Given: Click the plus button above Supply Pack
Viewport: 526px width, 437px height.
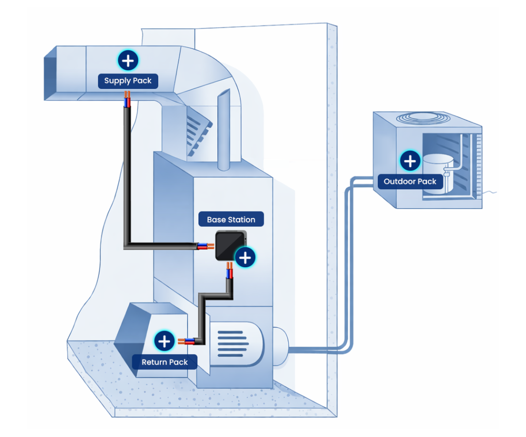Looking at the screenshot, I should tap(128, 61).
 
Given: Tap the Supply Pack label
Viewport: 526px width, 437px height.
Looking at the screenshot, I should tap(128, 81).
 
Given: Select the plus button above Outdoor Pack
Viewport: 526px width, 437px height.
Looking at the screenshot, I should tap(410, 161).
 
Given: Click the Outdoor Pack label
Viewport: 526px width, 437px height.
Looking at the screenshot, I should tap(410, 181).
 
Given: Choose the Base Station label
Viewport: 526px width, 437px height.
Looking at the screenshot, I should tap(231, 220).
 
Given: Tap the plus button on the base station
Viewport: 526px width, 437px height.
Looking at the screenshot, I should tap(245, 258).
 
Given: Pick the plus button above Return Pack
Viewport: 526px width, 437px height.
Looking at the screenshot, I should tap(164, 341).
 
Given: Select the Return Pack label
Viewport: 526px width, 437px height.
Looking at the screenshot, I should tap(164, 362).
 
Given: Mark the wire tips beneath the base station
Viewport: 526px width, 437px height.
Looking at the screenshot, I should tap(229, 273).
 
